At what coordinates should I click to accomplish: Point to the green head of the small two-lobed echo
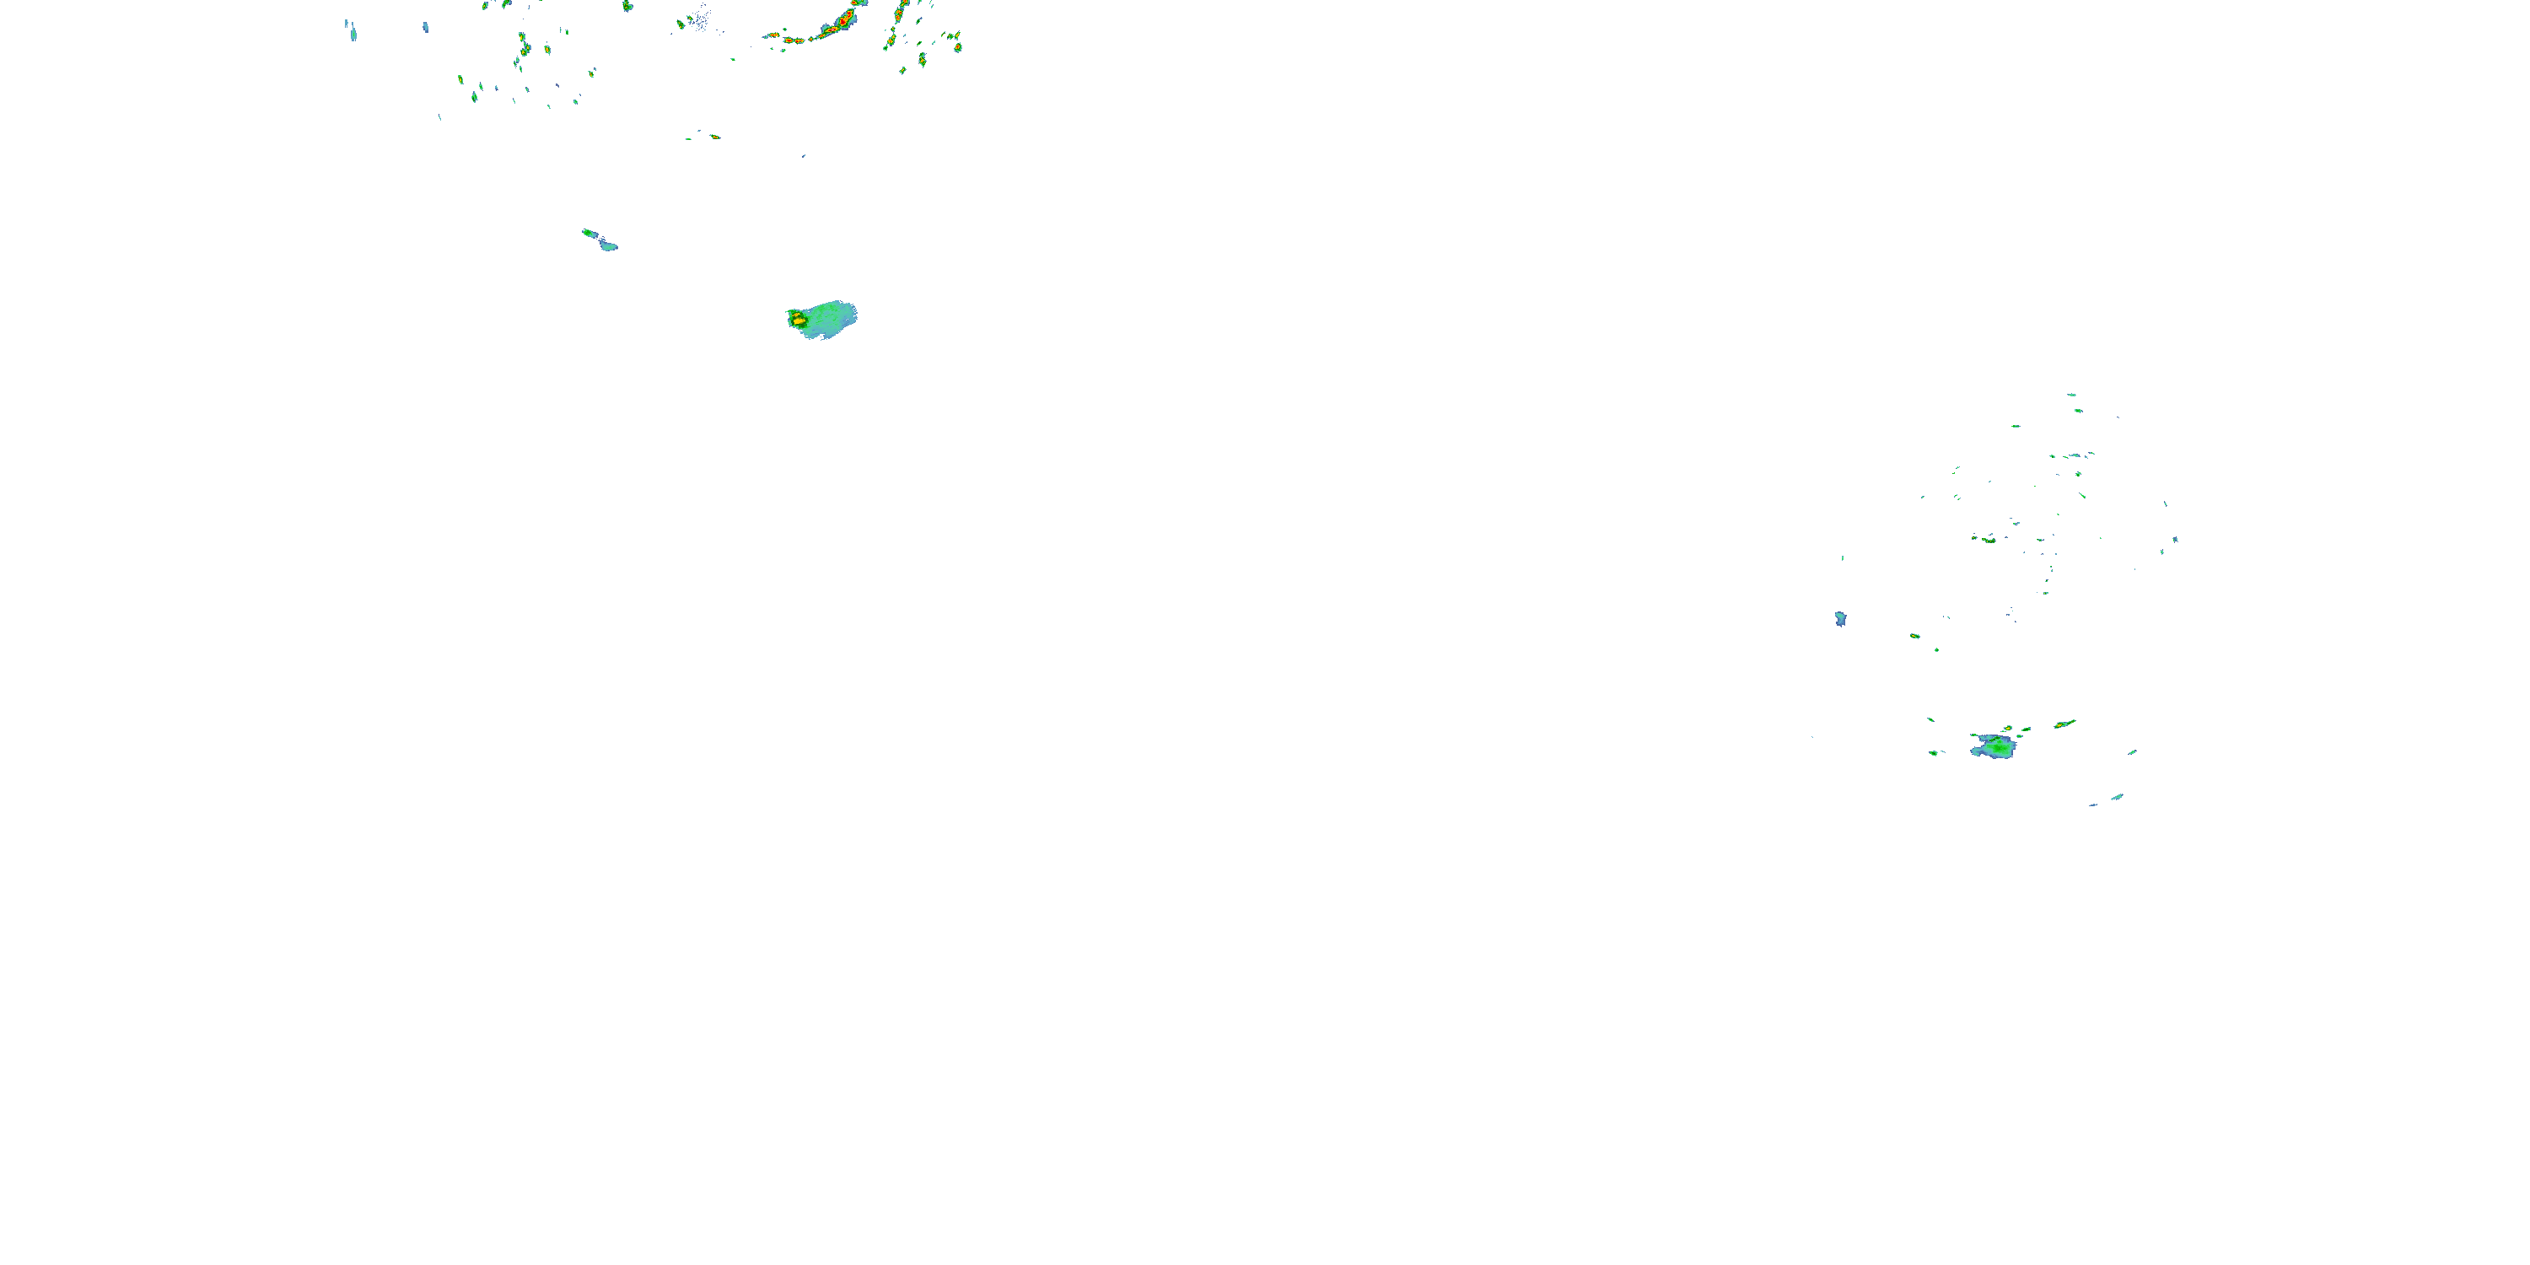point(589,233)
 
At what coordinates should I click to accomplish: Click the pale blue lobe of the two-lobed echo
point(609,245)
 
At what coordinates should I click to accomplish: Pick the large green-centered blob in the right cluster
point(1994,747)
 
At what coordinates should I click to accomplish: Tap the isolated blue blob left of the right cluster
point(1840,619)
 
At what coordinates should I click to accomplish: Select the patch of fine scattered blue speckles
point(699,18)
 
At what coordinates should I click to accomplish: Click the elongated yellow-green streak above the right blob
point(2064,724)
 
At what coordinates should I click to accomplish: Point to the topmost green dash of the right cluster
point(2071,395)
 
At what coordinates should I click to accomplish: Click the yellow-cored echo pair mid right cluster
point(1988,539)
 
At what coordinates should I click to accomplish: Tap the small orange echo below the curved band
point(714,137)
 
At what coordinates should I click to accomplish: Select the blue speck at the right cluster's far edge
point(2176,539)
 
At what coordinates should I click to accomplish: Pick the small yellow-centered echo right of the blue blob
point(1915,637)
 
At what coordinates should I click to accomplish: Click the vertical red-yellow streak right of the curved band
point(900,13)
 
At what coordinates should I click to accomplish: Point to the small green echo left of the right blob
point(1934,753)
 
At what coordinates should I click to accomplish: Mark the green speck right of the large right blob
point(2132,752)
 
